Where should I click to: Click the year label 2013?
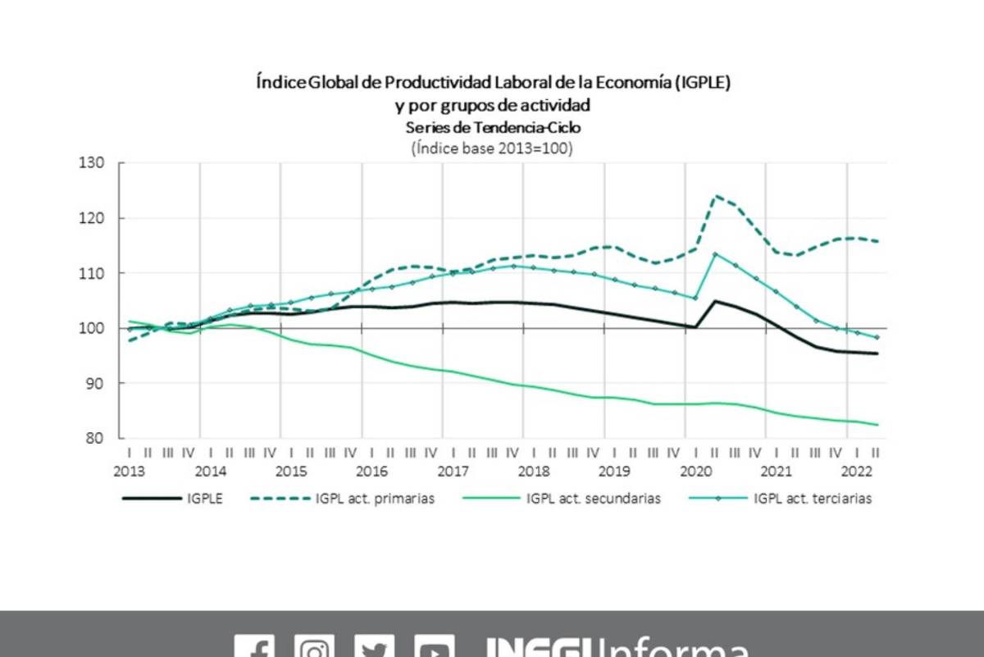(x=130, y=471)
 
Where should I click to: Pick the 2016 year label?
(x=372, y=471)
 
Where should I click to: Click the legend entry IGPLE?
(x=204, y=498)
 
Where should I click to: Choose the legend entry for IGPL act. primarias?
(x=375, y=498)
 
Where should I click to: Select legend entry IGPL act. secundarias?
(x=593, y=498)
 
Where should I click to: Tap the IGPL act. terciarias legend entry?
(x=812, y=498)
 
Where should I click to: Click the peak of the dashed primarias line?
(x=716, y=196)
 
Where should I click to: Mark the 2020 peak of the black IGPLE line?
(x=716, y=301)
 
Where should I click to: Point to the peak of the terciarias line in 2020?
(x=716, y=253)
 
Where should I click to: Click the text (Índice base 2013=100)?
(x=491, y=148)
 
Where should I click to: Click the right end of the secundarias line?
(x=877, y=425)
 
